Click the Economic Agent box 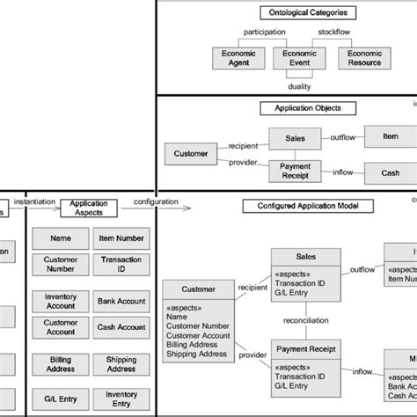tap(237, 58)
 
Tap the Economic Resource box tap(364, 58)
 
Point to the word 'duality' tap(299, 85)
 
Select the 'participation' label tap(264, 33)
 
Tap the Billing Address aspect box tap(61, 363)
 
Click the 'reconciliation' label tap(306, 321)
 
